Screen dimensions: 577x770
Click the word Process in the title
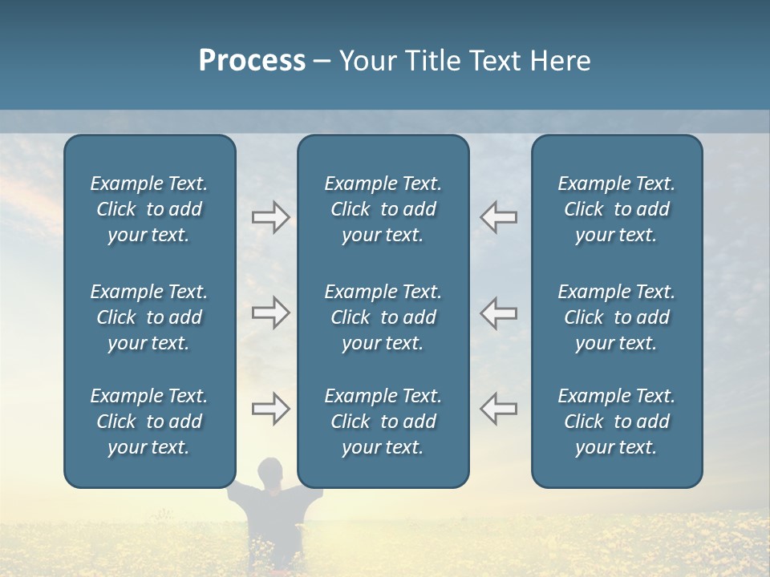pos(252,61)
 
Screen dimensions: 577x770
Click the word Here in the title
pos(561,61)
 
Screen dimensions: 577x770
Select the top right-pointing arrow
pos(270,217)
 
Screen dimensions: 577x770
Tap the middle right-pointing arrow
pos(270,313)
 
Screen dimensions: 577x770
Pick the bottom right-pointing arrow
pos(270,409)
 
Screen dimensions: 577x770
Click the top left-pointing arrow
pos(498,217)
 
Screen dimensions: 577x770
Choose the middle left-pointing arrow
pos(498,313)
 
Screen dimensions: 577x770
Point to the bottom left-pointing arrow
pos(498,409)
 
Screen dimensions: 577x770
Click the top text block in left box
pos(149,209)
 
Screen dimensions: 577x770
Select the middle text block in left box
pos(149,317)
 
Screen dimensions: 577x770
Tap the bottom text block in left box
pos(149,422)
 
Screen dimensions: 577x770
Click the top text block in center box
pos(383,209)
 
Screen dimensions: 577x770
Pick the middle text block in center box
pos(383,317)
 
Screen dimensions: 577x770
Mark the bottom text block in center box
pos(383,422)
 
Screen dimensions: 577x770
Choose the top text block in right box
pos(616,209)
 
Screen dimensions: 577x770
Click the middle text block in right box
pos(616,317)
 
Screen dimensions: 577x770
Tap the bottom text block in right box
pos(616,422)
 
